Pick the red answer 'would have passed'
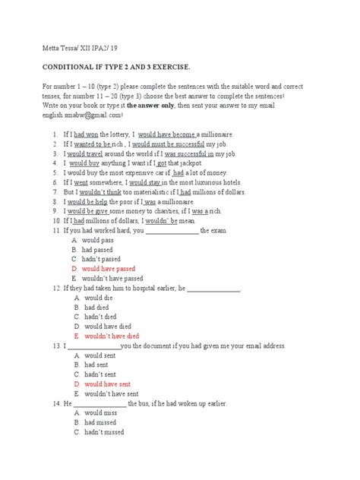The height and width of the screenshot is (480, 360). pyautogui.click(x=109, y=269)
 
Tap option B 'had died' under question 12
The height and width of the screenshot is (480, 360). pyautogui.click(x=96, y=307)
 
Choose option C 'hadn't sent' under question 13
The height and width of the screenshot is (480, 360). pyautogui.click(x=100, y=374)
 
